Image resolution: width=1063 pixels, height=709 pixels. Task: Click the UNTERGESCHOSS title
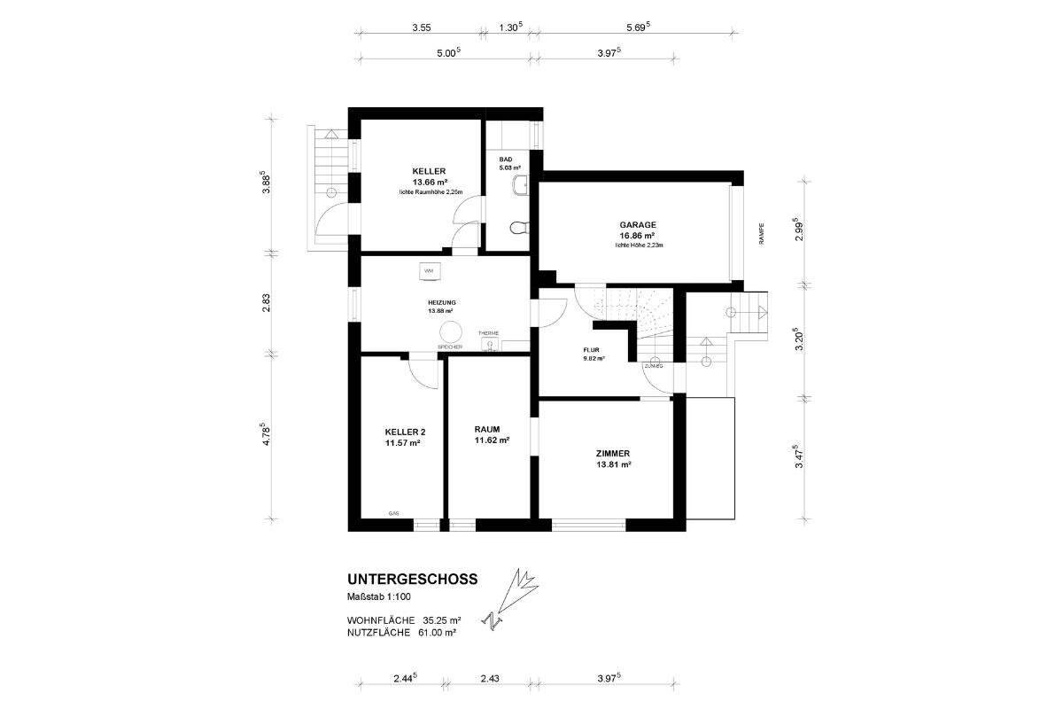click(413, 580)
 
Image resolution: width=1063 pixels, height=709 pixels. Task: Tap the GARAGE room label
click(637, 225)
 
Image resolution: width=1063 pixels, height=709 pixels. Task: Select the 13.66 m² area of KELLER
click(429, 182)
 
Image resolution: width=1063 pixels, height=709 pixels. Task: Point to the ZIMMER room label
click(613, 453)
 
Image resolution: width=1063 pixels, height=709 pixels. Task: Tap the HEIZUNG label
click(441, 302)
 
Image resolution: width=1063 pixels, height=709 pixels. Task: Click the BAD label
click(506, 160)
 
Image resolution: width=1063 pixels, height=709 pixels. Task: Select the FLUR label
click(592, 350)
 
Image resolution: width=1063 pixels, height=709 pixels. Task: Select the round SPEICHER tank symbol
click(450, 331)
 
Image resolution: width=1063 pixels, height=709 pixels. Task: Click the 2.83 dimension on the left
click(266, 302)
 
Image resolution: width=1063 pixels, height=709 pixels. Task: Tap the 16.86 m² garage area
click(637, 236)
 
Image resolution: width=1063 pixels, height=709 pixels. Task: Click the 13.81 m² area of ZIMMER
click(613, 464)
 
